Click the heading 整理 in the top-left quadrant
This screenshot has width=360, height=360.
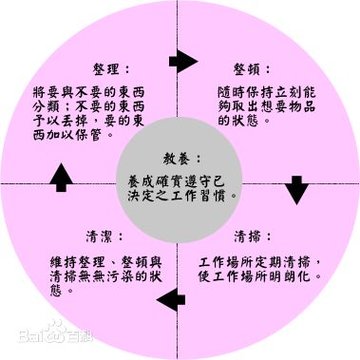(106, 68)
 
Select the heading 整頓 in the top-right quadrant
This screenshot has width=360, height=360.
(250, 68)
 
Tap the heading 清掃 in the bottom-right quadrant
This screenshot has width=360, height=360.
(250, 236)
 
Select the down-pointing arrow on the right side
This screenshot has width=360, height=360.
(296, 190)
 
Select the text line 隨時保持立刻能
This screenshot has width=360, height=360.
(262, 93)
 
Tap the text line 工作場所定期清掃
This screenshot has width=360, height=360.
(265, 260)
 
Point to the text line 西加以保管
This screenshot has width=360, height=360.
(70, 136)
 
